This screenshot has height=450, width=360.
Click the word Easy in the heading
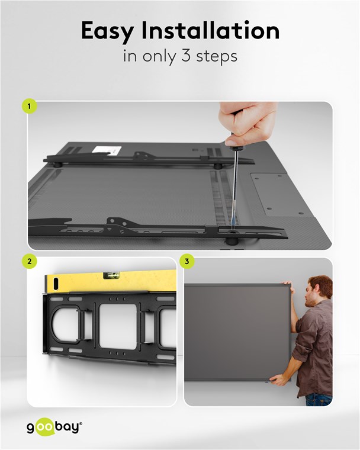tap(107, 31)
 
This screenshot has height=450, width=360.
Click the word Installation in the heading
tap(210, 30)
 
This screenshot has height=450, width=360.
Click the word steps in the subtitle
tap(217, 56)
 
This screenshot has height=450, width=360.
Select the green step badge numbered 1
tap(29, 106)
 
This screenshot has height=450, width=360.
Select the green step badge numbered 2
tap(29, 262)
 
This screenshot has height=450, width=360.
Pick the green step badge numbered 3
tap(187, 262)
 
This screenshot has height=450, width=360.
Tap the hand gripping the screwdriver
tap(246, 123)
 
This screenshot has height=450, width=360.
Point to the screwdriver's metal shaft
tap(234, 187)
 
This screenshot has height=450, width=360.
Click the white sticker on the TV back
tap(107, 150)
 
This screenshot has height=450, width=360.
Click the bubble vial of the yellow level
tap(112, 275)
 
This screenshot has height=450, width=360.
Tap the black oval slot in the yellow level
tap(56, 284)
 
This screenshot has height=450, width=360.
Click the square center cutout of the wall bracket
tap(118, 326)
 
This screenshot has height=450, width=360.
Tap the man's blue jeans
tap(319, 400)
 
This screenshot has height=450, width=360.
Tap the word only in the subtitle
tap(159, 56)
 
